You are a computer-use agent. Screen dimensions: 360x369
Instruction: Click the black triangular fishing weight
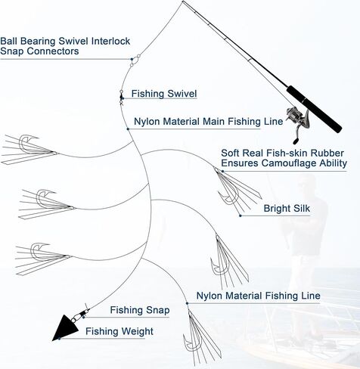[x=65, y=328]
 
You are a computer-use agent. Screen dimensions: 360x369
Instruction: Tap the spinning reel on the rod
[x=297, y=123]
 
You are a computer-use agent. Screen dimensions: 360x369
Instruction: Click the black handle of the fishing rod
[x=314, y=109]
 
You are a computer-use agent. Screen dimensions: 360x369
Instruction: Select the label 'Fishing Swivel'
[x=164, y=94]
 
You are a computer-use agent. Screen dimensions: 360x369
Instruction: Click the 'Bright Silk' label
[x=287, y=209]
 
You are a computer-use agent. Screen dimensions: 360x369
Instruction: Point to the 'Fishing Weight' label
[x=119, y=331]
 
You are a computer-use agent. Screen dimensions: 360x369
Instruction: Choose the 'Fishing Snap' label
[x=140, y=310]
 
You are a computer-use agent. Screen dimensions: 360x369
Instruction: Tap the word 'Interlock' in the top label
[x=110, y=41]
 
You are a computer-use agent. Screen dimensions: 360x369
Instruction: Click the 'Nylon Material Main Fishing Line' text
[x=209, y=122]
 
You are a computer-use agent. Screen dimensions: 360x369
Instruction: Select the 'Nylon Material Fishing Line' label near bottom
[x=259, y=296]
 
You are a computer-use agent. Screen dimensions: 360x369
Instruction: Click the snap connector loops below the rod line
[x=135, y=60]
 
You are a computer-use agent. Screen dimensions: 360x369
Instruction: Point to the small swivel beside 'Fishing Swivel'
[x=121, y=97]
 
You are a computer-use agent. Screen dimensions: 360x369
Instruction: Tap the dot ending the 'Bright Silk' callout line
[x=241, y=216]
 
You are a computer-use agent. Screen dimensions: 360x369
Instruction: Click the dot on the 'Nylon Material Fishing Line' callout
[x=187, y=303]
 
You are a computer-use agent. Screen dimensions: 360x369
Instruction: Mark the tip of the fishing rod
[x=183, y=2]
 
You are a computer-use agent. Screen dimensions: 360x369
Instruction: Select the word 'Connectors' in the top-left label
[x=53, y=51]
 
